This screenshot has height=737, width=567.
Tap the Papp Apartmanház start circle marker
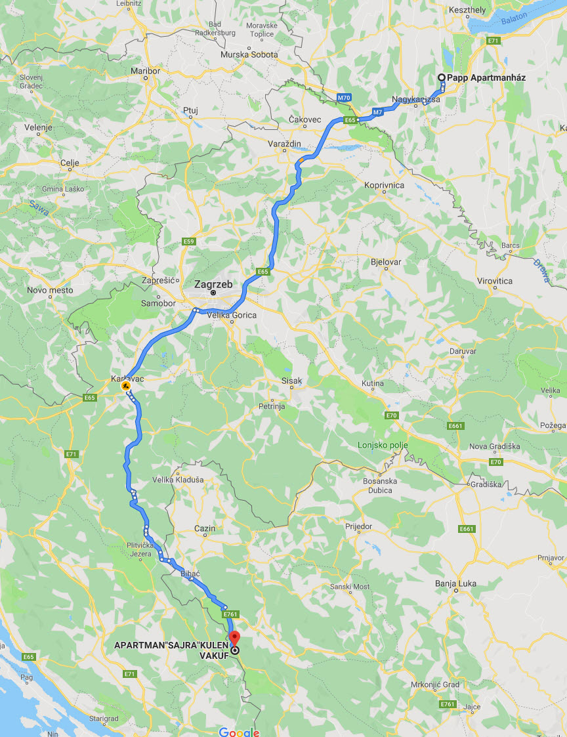point(441,77)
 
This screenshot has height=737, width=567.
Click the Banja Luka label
point(455,583)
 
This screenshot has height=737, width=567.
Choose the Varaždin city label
point(284,143)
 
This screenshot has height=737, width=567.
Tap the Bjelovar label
point(385,261)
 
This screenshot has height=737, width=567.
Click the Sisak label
point(291,381)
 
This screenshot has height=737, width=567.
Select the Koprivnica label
point(385,185)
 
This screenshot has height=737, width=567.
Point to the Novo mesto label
point(50,289)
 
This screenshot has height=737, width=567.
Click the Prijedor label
point(358,526)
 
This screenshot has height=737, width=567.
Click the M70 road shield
point(344,98)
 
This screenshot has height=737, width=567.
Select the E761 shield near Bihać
point(229,614)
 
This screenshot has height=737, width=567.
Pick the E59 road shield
point(189,242)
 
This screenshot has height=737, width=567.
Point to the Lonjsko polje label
point(383,445)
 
